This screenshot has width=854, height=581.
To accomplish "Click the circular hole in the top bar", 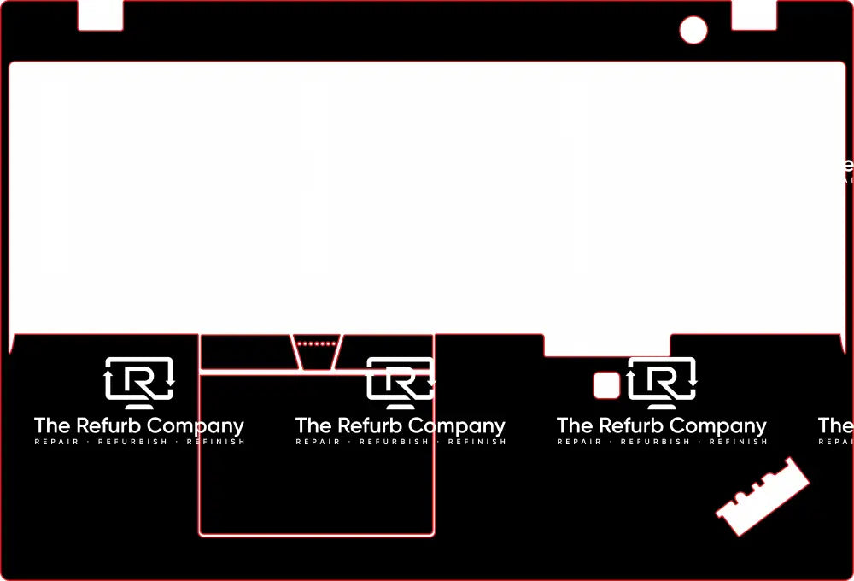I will point(693,30).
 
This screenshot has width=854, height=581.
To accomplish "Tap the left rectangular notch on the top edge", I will point(101,15).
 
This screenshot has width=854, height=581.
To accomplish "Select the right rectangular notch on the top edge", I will point(753,15).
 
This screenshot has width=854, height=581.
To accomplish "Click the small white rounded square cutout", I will point(606,385).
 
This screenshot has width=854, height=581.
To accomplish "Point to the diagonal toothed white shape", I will point(763,496).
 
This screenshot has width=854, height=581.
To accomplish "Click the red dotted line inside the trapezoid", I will point(317,344).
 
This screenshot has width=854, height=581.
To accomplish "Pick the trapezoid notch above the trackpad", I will point(317,352).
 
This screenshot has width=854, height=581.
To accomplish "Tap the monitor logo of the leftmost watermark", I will point(139,380).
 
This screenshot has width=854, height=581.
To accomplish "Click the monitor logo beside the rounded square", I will point(662,380).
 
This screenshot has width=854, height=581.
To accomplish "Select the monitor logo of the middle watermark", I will point(401,380).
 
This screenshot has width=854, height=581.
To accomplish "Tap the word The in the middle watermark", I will point(313,425).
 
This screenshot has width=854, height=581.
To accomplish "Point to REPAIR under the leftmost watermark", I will point(56,442).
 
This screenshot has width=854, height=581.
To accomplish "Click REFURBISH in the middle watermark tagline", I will point(394,442).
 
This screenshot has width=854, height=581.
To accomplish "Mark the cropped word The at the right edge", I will point(835,425).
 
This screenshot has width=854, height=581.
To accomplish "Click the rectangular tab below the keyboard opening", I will point(606,345).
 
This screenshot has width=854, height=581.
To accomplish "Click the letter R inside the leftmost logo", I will point(142,382).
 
